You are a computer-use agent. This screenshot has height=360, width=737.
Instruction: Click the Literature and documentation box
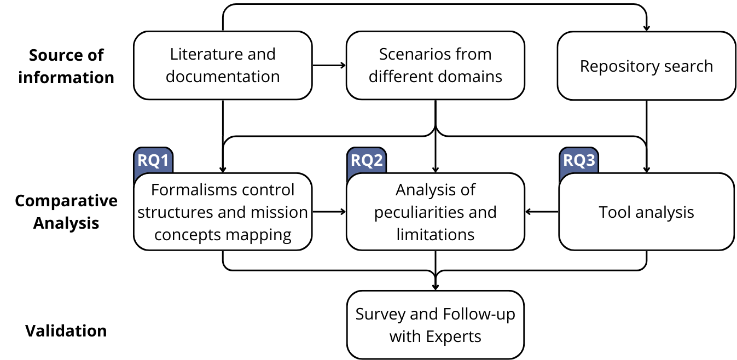223,65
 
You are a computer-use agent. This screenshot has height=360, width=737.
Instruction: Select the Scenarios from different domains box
435,65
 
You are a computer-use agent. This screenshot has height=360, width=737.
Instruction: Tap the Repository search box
646,66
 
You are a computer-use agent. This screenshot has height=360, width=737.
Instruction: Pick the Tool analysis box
646,212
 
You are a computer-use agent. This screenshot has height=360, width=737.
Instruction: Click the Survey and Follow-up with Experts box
435,325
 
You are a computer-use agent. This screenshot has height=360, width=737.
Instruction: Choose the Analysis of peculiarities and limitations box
435,212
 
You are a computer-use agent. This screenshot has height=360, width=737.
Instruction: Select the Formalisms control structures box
223,212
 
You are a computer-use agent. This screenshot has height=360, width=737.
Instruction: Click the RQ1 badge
153,161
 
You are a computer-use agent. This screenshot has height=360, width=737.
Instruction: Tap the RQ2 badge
366,161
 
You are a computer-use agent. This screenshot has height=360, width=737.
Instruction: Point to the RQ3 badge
578,161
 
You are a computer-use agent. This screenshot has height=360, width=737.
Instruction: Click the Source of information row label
66,66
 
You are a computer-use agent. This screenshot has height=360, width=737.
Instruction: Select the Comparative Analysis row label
66,212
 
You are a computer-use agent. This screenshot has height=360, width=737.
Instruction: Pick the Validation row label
66,331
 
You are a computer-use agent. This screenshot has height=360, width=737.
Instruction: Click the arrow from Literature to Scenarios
329,65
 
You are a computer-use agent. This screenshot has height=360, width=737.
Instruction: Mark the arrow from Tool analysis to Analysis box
541,212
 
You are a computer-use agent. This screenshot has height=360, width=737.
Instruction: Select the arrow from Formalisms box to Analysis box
329,212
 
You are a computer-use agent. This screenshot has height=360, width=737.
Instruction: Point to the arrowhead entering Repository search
646,28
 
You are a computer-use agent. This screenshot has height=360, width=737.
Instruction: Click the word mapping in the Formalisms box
259,235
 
